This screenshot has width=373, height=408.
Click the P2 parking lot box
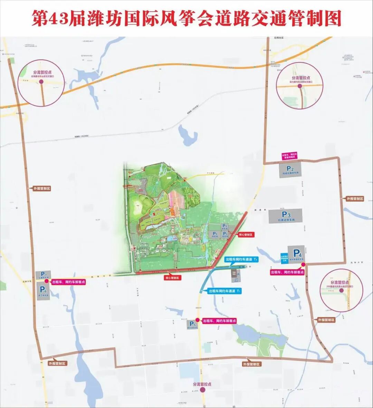pos(290,170)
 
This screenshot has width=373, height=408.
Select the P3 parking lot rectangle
pos(286,216)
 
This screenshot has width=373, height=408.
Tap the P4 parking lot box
pos(297,254)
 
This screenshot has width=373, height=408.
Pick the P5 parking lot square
pos(193,325)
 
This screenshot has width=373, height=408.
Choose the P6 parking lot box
pos(43,292)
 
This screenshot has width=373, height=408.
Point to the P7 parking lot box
pos(44,275)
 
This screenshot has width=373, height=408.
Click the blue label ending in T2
pos(241,259)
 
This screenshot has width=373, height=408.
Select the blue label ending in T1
pos(224,291)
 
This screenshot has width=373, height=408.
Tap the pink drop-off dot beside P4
pos(303,265)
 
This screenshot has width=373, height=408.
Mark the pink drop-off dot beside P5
pos(198,320)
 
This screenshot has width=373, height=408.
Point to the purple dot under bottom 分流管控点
pos(202,390)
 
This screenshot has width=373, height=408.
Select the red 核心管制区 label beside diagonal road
pos(246,235)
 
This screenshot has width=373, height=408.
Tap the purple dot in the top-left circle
pos(41,82)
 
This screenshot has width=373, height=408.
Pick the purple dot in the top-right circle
pos(300,87)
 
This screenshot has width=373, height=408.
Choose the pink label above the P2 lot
pos(289,156)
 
